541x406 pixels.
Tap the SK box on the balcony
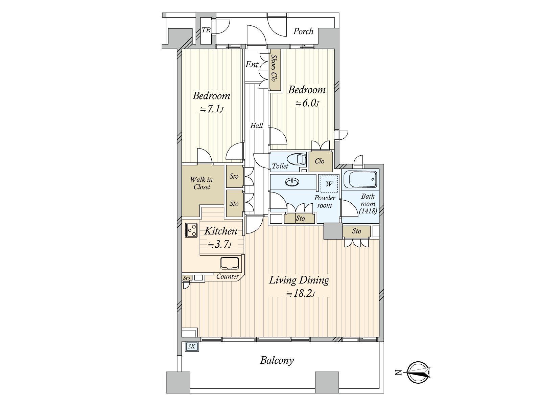[191, 346]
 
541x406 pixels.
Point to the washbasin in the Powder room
[292, 182]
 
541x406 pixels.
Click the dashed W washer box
[329, 184]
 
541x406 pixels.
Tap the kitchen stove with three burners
[191, 230]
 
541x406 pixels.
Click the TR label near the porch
[206, 30]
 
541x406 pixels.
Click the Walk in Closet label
[202, 183]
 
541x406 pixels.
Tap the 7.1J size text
[212, 109]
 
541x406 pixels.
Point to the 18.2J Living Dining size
[301, 293]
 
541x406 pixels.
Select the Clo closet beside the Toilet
[320, 161]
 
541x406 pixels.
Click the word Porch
[303, 31]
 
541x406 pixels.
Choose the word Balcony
[277, 360]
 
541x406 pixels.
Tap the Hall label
[257, 126]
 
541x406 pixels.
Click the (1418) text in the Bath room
[368, 211]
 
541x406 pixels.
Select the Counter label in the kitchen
[228, 276]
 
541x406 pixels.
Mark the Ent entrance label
[252, 65]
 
